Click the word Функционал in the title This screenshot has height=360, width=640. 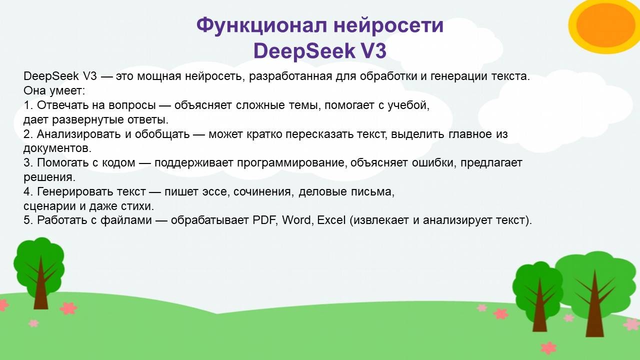coord(261,25)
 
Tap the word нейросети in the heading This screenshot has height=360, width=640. coord(388,25)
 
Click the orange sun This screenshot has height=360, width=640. coord(604,25)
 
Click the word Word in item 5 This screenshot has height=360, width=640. coord(297,220)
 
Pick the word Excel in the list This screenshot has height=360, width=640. coord(331,220)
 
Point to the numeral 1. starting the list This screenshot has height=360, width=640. coord(28,105)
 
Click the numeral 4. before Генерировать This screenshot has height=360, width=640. coord(28,191)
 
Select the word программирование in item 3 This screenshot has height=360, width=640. coord(292,163)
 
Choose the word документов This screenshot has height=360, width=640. coord(57,148)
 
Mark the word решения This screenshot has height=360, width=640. coord(49,177)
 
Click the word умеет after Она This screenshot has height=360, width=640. coord(67,91)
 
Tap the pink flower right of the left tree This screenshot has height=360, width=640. coord(68,308)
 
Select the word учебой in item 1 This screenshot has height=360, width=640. coord(408,105)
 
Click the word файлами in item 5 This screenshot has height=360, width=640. coord(126,220)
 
